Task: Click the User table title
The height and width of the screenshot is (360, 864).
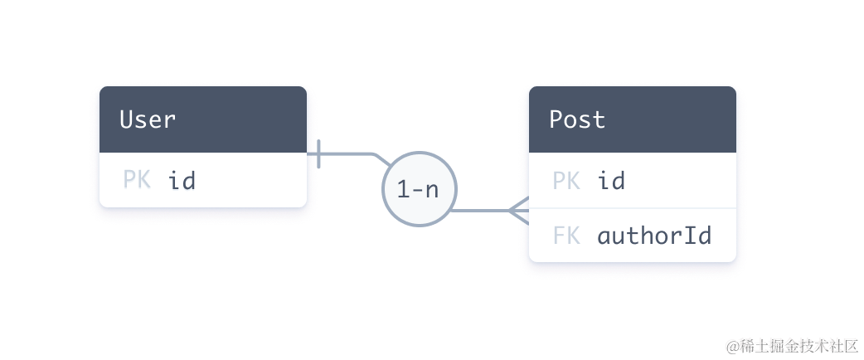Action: click(x=148, y=119)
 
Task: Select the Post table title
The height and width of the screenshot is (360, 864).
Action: click(x=577, y=119)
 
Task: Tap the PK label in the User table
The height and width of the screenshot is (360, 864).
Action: click(x=137, y=180)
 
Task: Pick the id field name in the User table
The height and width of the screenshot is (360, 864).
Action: click(x=182, y=180)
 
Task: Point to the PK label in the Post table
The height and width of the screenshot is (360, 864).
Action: click(x=566, y=180)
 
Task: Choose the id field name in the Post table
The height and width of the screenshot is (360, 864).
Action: click(x=611, y=180)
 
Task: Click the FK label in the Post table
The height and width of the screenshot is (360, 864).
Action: click(x=566, y=236)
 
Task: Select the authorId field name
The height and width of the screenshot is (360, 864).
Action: click(x=654, y=236)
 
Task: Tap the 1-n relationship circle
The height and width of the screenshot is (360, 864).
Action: click(x=418, y=189)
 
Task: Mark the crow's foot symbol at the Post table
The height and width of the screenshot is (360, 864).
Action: click(x=517, y=210)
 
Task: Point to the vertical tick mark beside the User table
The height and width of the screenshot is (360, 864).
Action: click(x=320, y=153)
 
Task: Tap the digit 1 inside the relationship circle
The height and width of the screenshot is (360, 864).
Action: click(x=403, y=190)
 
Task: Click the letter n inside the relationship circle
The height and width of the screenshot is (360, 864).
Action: click(x=432, y=191)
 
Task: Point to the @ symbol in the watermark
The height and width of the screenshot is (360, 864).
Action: click(x=731, y=344)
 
